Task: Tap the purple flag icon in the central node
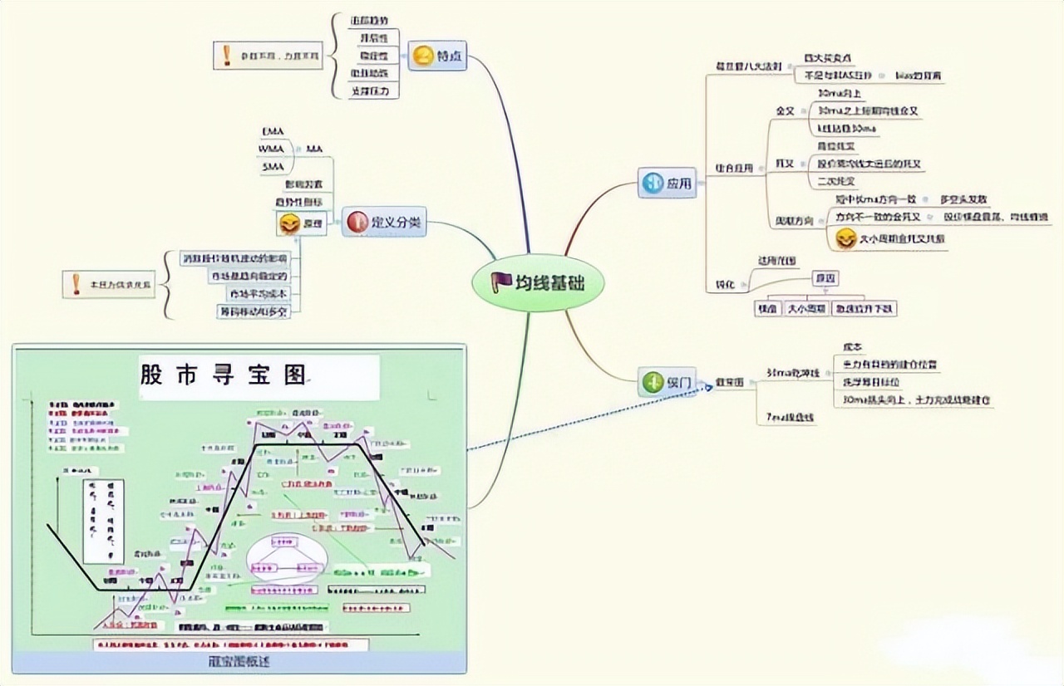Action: coord(501,283)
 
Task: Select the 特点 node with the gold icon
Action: coord(437,57)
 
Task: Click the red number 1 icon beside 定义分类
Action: coord(357,222)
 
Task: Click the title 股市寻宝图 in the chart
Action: coord(224,375)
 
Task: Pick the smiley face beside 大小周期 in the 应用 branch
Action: coord(845,239)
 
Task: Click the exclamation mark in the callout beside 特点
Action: coord(227,56)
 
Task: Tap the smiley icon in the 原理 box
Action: coord(289,224)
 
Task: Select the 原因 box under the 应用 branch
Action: coord(825,278)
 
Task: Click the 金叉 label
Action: coord(786,110)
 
